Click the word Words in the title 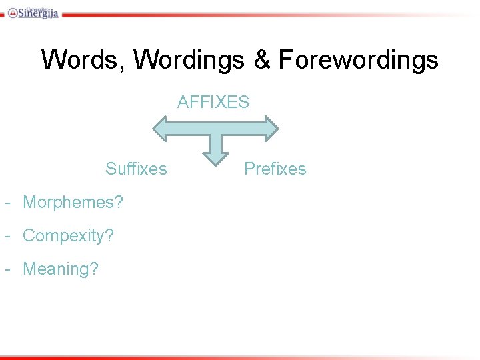pyautogui.click(x=83, y=60)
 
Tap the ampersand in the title pyautogui.click(x=261, y=60)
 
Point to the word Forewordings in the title pyautogui.click(x=358, y=60)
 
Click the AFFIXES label pyautogui.click(x=213, y=102)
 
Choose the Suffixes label pyautogui.click(x=136, y=169)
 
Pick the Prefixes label pyautogui.click(x=275, y=169)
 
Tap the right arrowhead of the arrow pyautogui.click(x=269, y=128)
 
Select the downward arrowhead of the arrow pyautogui.click(x=215, y=157)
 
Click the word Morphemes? pyautogui.click(x=73, y=202)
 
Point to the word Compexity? pyautogui.click(x=68, y=235)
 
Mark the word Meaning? pyautogui.click(x=61, y=269)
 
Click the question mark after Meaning pyautogui.click(x=94, y=269)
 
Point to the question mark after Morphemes pyautogui.click(x=119, y=202)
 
